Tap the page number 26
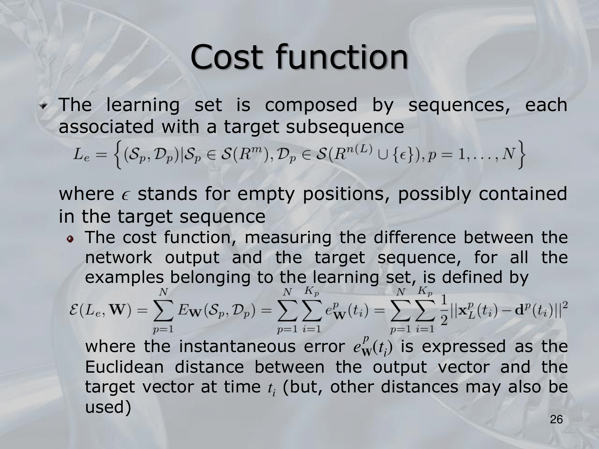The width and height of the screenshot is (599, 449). [x=556, y=428]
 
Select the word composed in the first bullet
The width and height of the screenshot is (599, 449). [x=311, y=106]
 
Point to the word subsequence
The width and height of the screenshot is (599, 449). [x=345, y=126]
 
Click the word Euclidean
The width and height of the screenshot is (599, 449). [x=124, y=367]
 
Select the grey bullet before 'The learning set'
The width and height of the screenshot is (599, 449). [x=44, y=105]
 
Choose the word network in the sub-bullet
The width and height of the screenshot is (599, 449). [x=119, y=257]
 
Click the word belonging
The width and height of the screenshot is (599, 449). [x=210, y=278]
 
